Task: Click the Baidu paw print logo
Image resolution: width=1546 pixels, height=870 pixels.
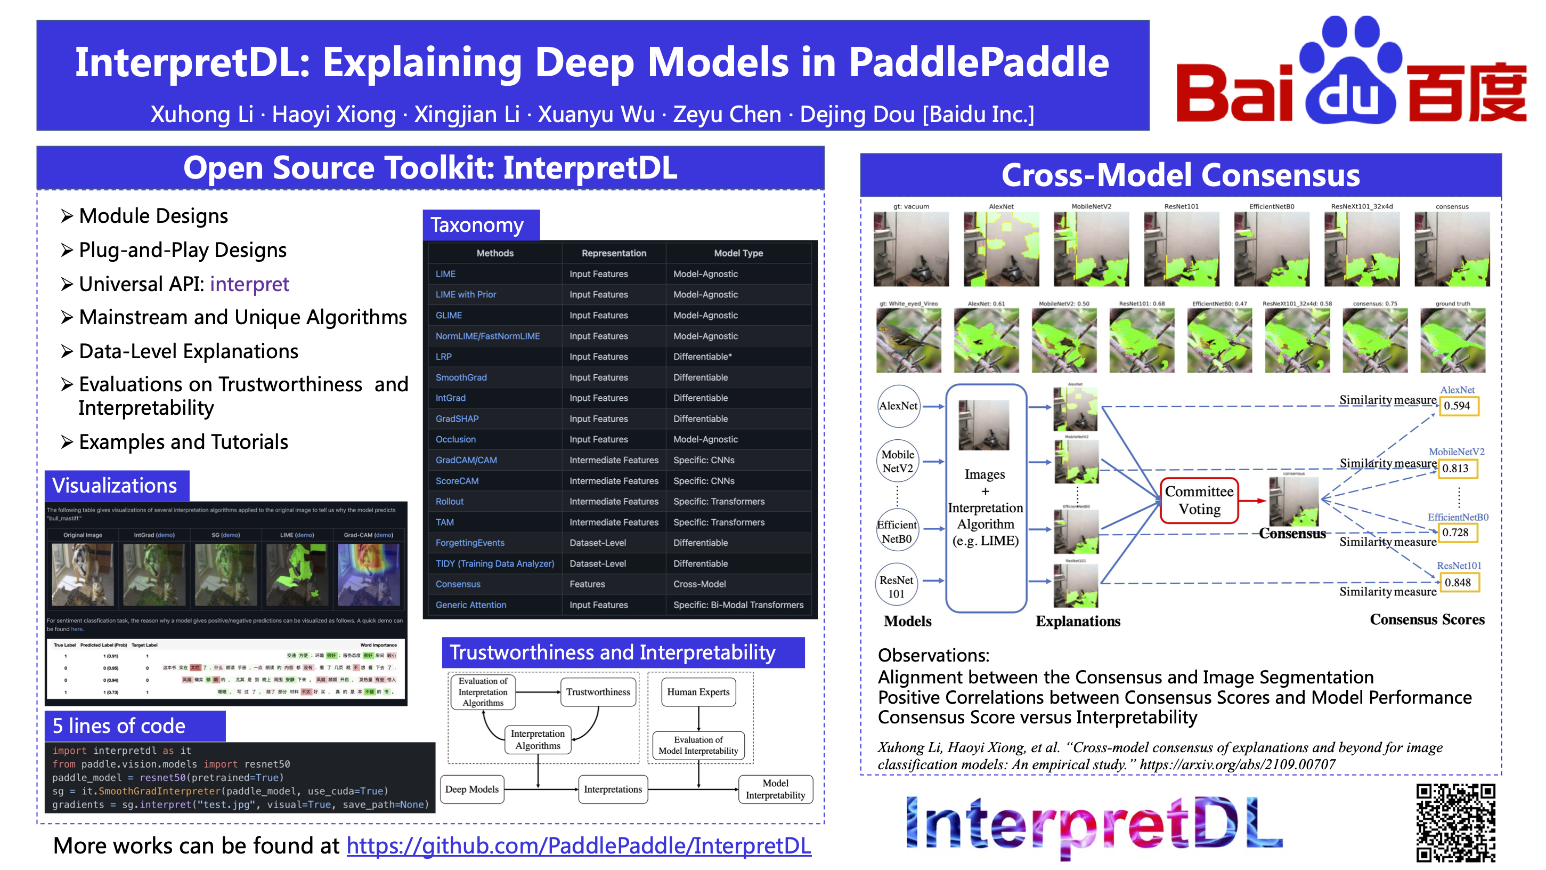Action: point(1351,69)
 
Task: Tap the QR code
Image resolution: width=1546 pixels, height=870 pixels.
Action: point(1455,823)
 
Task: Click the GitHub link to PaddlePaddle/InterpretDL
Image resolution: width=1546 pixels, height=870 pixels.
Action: point(579,845)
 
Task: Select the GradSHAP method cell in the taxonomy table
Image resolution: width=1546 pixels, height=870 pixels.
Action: point(457,418)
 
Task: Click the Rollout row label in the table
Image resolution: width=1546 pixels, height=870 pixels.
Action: point(450,501)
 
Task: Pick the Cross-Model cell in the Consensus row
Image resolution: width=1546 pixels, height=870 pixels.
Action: point(699,584)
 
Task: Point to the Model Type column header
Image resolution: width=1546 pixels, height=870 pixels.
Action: point(738,253)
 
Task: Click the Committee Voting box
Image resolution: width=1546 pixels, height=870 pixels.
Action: point(1199,500)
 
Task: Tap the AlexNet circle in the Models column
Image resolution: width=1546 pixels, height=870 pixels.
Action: point(898,406)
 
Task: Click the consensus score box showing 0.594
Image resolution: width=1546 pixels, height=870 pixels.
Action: point(1458,406)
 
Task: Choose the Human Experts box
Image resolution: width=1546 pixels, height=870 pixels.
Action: point(698,691)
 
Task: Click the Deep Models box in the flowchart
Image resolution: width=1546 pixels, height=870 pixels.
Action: point(471,789)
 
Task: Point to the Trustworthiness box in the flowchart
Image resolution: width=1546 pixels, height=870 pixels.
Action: point(598,691)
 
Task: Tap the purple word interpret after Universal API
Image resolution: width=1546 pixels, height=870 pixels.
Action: point(249,284)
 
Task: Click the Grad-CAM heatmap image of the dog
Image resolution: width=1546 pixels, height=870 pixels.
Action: point(368,575)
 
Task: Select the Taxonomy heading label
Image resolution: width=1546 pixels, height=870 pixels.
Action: point(477,225)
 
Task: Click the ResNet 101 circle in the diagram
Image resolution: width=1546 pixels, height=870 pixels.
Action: point(896,586)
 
